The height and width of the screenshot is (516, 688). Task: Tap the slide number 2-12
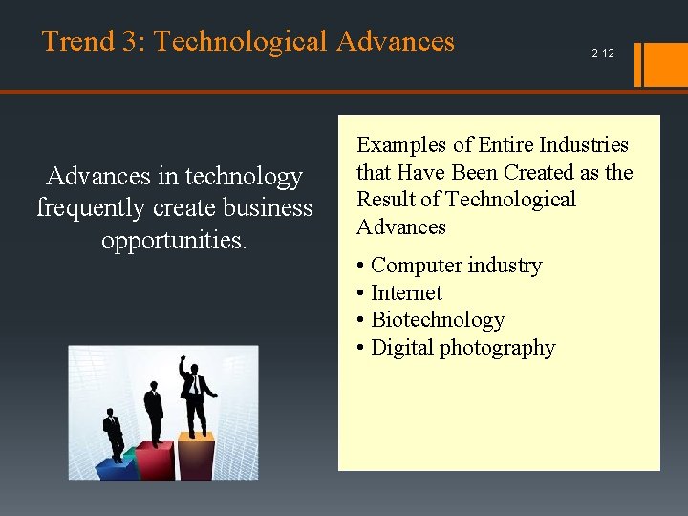pos(602,54)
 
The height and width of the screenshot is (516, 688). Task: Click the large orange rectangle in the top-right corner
pos(667,63)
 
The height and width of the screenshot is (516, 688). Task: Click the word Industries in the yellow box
pos(584,145)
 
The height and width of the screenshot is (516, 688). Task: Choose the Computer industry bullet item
pos(456,266)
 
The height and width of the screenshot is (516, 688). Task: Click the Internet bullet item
pos(406,293)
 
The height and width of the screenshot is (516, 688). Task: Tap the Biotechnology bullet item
pos(437,320)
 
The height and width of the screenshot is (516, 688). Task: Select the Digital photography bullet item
pos(462,348)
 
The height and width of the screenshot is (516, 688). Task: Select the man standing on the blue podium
pos(114,435)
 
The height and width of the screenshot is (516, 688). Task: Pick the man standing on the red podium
pos(153,411)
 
